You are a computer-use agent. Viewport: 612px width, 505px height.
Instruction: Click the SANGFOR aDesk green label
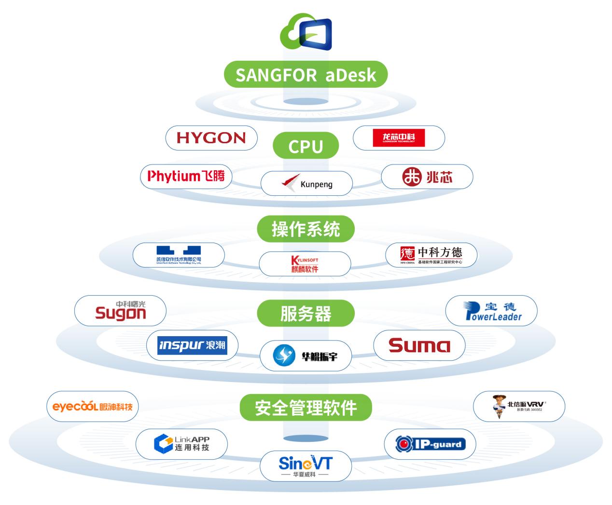pyautogui.click(x=306, y=75)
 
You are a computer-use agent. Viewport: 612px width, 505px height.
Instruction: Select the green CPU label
pyautogui.click(x=306, y=146)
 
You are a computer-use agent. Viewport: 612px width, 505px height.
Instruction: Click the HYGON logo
pyautogui.click(x=211, y=138)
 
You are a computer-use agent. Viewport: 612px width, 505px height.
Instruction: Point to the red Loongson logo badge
pyautogui.click(x=399, y=138)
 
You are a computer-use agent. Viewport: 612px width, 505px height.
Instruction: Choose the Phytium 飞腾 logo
pyautogui.click(x=186, y=176)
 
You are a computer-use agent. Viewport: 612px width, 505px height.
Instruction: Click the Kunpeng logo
pyautogui.click(x=306, y=184)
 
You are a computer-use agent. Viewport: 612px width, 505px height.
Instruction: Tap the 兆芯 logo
pyautogui.click(x=427, y=177)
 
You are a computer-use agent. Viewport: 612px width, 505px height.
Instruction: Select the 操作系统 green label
pyautogui.click(x=306, y=229)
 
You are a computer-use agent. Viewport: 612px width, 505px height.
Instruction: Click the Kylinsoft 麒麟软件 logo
pyautogui.click(x=305, y=264)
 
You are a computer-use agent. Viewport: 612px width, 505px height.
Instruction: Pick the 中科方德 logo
pyautogui.click(x=431, y=255)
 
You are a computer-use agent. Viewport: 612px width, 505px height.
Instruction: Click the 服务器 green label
pyautogui.click(x=306, y=314)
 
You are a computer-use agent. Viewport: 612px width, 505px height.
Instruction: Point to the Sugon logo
pyautogui.click(x=120, y=311)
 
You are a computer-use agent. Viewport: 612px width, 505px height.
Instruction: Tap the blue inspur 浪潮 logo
pyautogui.click(x=192, y=345)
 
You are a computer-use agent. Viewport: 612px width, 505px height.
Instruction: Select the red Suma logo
pyautogui.click(x=419, y=345)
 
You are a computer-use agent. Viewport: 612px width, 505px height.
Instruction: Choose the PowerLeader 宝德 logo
pyautogui.click(x=491, y=311)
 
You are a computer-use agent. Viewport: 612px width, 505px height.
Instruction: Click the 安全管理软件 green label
pyautogui.click(x=306, y=408)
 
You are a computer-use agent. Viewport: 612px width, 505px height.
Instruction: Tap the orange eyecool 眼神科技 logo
pyautogui.click(x=92, y=406)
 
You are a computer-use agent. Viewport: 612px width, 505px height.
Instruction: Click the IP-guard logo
pyautogui.click(x=430, y=444)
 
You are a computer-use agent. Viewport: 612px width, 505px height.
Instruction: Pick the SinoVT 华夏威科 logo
pyautogui.click(x=306, y=466)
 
